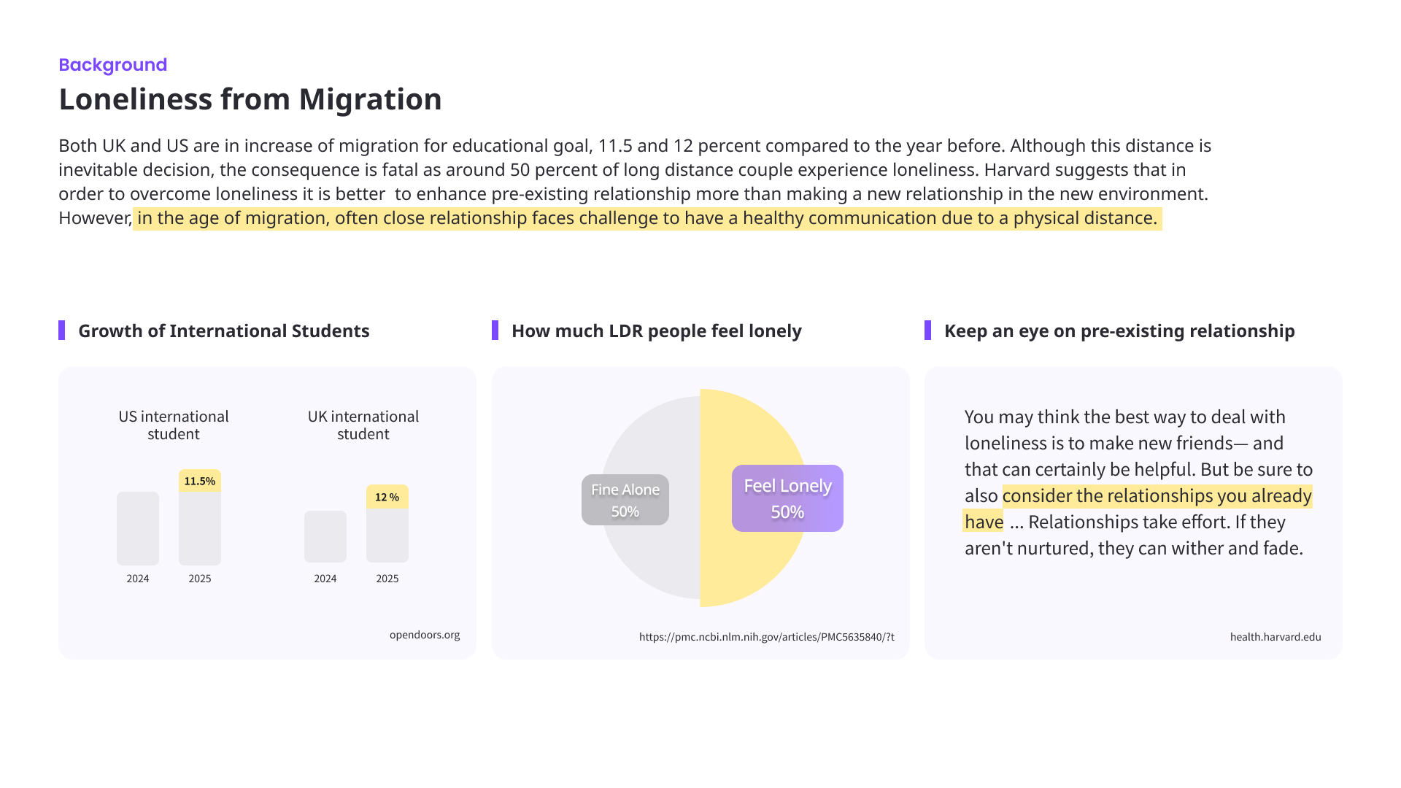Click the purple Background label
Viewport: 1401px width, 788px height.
(x=112, y=65)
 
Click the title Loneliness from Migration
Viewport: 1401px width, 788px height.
(x=250, y=99)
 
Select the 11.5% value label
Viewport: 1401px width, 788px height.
(x=199, y=481)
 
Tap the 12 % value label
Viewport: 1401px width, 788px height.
(x=387, y=497)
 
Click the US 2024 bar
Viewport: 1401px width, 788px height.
(x=138, y=528)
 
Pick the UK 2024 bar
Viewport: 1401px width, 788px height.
(x=325, y=536)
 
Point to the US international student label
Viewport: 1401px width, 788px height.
(x=174, y=425)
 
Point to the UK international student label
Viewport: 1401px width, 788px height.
(x=363, y=425)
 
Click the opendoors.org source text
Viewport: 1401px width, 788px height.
(x=425, y=635)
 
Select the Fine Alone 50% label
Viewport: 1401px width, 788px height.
(x=625, y=500)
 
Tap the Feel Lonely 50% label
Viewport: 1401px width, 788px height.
(x=787, y=498)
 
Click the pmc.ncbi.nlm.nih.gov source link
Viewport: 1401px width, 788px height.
(x=766, y=637)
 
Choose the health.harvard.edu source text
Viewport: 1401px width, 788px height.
(x=1275, y=637)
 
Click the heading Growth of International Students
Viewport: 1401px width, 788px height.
(x=223, y=331)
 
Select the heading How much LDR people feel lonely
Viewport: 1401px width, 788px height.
(x=656, y=331)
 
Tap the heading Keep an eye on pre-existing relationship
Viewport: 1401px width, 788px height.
(x=1119, y=331)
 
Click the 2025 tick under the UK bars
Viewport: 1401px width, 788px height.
(x=387, y=579)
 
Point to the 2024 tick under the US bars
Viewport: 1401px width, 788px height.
(x=138, y=579)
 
